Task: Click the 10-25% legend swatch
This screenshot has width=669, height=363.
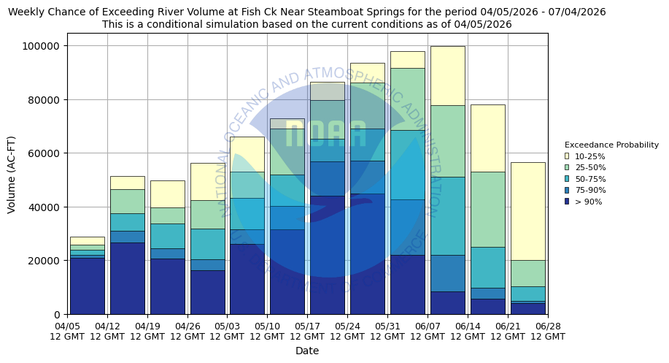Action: coord(567,156)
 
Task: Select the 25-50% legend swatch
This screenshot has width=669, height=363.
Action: coord(567,167)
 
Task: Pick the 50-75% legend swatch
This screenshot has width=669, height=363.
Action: coord(567,179)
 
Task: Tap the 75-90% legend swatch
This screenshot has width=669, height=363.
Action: coord(567,190)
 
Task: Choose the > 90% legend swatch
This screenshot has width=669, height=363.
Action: coord(567,202)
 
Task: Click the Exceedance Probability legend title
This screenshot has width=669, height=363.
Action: coord(611,145)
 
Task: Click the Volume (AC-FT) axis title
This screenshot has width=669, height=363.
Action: coord(12,174)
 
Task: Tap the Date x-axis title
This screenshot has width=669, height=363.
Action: coord(307,351)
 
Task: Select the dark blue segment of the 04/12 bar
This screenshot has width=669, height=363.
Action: coord(127,278)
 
